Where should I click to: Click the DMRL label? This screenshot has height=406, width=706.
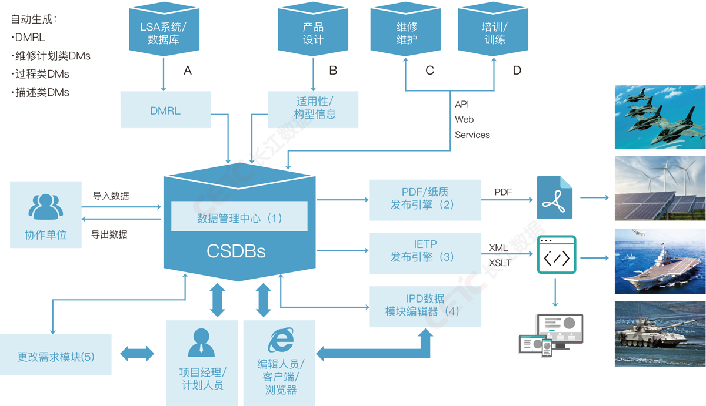(165, 110)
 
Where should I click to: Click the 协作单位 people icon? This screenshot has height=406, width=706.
(45, 207)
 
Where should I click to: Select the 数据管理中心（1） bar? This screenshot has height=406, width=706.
(239, 218)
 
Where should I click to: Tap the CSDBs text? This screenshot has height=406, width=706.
(236, 251)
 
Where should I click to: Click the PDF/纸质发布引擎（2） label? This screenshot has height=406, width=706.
(422, 198)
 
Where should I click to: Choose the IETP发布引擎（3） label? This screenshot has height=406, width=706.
(422, 250)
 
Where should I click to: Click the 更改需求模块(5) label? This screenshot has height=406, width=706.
(56, 357)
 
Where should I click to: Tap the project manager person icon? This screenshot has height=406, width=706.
(201, 343)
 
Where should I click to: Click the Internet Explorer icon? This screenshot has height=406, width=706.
(281, 341)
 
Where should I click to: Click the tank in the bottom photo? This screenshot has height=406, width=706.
(644, 334)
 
